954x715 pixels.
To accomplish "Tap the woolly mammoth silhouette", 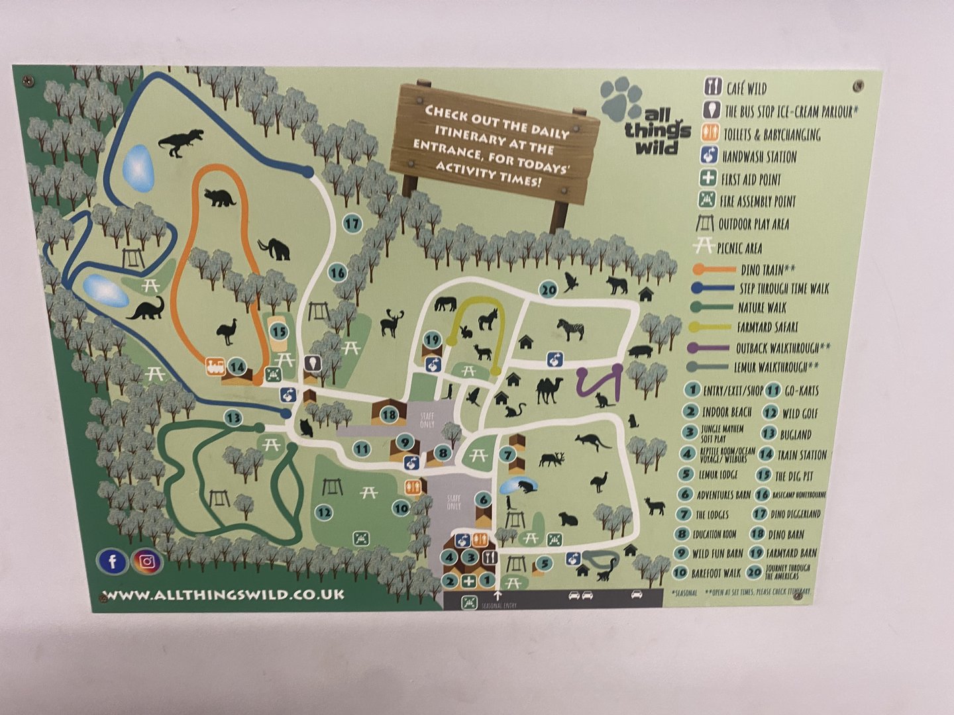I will (275, 249).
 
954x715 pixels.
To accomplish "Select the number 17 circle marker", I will (352, 223).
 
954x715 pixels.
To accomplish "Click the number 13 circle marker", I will (233, 418).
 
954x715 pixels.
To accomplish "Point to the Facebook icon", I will (113, 561).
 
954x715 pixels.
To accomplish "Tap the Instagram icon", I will (147, 562).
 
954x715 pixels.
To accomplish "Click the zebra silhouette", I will (570, 328).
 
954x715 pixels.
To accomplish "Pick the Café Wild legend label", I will (747, 89).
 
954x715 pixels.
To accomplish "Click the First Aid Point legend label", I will (751, 179).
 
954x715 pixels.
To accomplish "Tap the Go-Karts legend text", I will (802, 391).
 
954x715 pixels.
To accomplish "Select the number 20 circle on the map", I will (548, 289).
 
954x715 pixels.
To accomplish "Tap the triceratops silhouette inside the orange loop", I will (220, 197).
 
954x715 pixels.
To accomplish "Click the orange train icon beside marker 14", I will (215, 366).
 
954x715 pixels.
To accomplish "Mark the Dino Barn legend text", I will (786, 534).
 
